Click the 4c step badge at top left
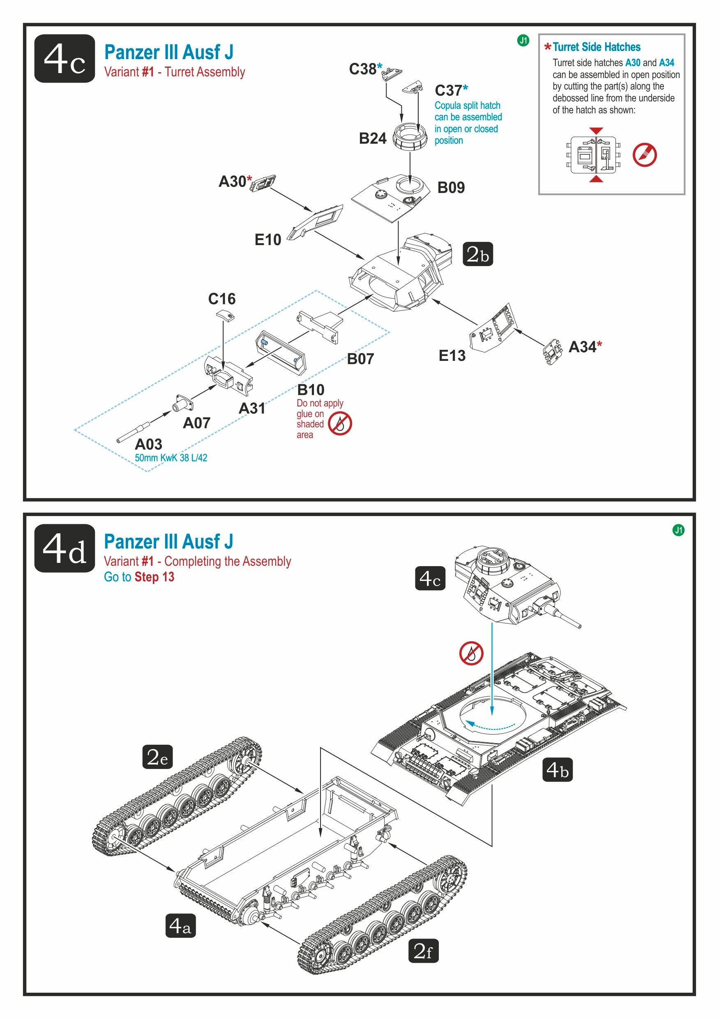click(x=65, y=58)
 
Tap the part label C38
click(x=362, y=69)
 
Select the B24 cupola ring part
click(x=410, y=136)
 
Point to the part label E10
click(x=267, y=240)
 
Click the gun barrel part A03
click(x=133, y=433)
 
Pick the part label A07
click(x=196, y=423)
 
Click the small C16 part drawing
click(x=226, y=316)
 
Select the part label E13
click(x=452, y=356)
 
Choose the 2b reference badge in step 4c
click(x=477, y=254)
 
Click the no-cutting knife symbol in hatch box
click(x=644, y=155)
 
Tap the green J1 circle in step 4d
click(x=678, y=530)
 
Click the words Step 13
click(x=154, y=577)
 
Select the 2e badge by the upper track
click(x=157, y=757)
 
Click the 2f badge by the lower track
click(x=423, y=951)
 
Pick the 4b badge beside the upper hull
click(x=558, y=769)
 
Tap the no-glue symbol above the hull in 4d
click(x=471, y=653)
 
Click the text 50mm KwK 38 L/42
click(x=171, y=458)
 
